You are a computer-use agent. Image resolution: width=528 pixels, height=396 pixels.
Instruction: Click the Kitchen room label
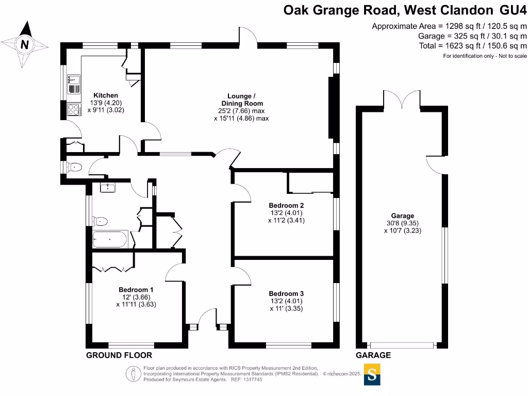pos(106,95)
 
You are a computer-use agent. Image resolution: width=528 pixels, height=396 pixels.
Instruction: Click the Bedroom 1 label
pos(136,290)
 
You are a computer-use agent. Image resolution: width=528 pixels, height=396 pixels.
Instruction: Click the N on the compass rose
pos(24,45)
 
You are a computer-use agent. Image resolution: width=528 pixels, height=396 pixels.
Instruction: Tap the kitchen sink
pos(74,79)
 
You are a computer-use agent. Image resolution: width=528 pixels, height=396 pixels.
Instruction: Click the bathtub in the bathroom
pos(109,240)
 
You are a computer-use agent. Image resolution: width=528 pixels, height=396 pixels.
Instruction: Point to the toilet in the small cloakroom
pos(75,167)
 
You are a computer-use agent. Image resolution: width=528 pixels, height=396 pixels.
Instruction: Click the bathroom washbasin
pos(108,187)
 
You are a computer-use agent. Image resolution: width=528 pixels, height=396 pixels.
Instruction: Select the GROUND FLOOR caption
pos(119,355)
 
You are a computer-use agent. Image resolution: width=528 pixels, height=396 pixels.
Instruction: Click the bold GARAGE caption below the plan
pos(373,355)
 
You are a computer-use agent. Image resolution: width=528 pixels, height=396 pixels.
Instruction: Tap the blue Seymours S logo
pos(372,374)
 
